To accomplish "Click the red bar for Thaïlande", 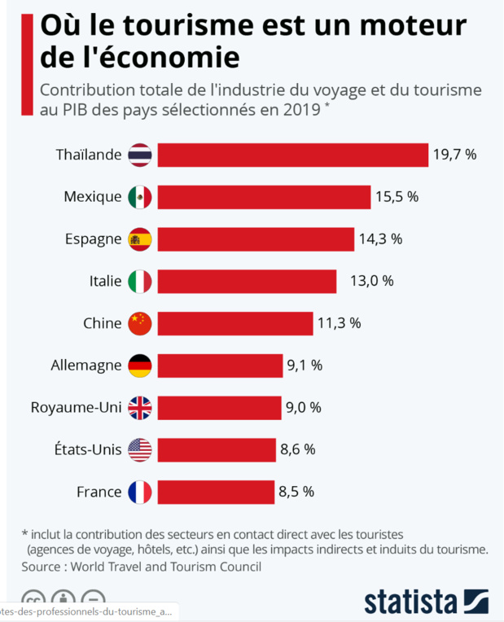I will [292, 155].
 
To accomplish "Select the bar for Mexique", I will [264, 197].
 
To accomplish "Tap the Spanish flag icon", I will [140, 239].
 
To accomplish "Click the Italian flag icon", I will [140, 282].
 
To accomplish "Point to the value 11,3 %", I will [339, 323].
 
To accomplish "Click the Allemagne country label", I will [85, 366].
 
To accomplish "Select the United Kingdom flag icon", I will [140, 408].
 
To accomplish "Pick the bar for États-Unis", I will [216, 449].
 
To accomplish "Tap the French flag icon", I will [140, 492].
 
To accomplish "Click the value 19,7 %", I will [454, 155].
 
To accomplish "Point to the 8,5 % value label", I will [296, 492].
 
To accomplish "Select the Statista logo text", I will [410, 602].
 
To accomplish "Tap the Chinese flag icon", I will [140, 323].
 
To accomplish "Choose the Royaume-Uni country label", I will [76, 408].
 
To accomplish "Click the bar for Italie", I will [247, 282].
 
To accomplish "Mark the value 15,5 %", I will [397, 197].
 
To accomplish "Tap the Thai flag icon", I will [140, 155].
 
